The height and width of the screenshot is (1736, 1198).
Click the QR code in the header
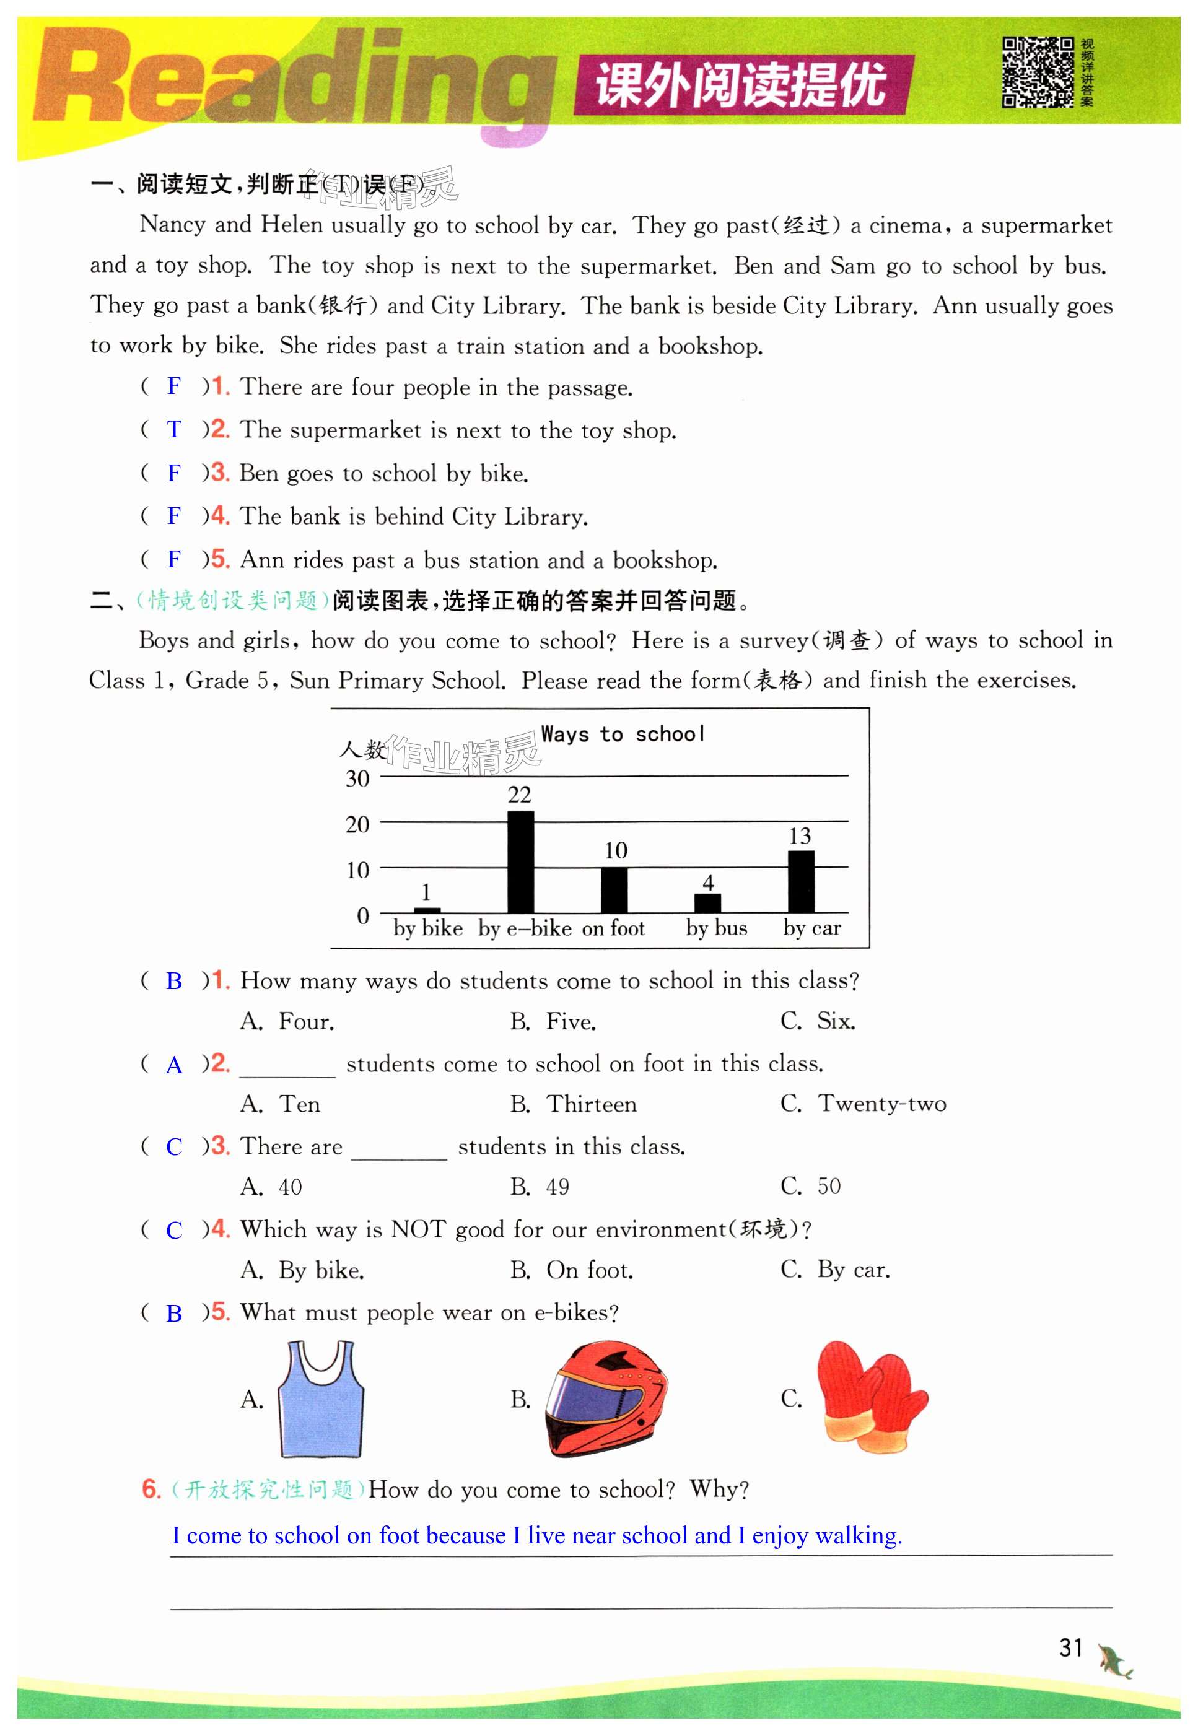click(1038, 72)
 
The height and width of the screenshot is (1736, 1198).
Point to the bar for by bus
click(707, 903)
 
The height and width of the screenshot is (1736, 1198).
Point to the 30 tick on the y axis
click(357, 779)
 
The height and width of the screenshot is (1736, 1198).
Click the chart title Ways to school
click(623, 734)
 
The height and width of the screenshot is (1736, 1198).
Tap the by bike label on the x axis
click(428, 928)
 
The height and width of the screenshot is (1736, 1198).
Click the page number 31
click(1070, 1647)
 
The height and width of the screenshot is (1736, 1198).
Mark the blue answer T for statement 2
click(174, 429)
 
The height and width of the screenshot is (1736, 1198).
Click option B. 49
click(540, 1187)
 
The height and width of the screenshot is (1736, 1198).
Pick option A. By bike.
click(302, 1270)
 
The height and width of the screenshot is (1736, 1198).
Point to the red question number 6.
click(151, 1488)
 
